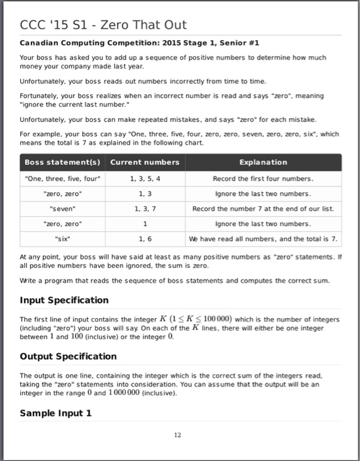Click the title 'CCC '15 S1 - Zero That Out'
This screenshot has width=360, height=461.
pyautogui.click(x=104, y=25)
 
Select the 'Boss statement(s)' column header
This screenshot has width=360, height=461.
pyautogui.click(x=62, y=162)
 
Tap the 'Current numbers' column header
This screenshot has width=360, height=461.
pyautogui.click(x=144, y=162)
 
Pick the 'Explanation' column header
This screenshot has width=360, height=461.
pyautogui.click(x=263, y=162)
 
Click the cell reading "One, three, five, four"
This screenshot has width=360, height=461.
pyautogui.click(x=62, y=178)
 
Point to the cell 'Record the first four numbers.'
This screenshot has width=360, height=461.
pyautogui.click(x=263, y=178)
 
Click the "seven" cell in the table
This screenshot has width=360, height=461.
pyautogui.click(x=62, y=209)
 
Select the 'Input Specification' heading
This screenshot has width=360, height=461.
pyautogui.click(x=64, y=300)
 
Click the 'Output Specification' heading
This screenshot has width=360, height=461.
pyautogui.click(x=68, y=356)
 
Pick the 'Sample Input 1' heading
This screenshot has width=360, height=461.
pyautogui.click(x=55, y=414)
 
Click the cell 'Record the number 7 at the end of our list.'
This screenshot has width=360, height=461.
pyautogui.click(x=263, y=209)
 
